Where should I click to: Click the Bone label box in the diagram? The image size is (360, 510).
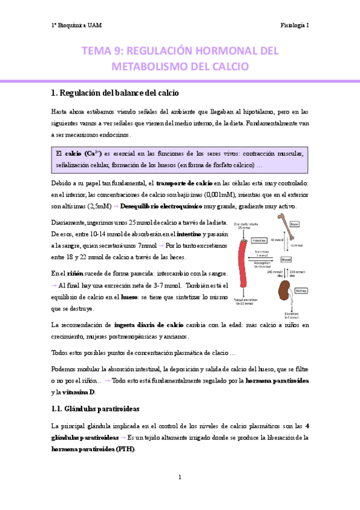(294, 224)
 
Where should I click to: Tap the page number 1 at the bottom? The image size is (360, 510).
(180, 477)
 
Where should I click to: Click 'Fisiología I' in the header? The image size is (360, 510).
(294, 25)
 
